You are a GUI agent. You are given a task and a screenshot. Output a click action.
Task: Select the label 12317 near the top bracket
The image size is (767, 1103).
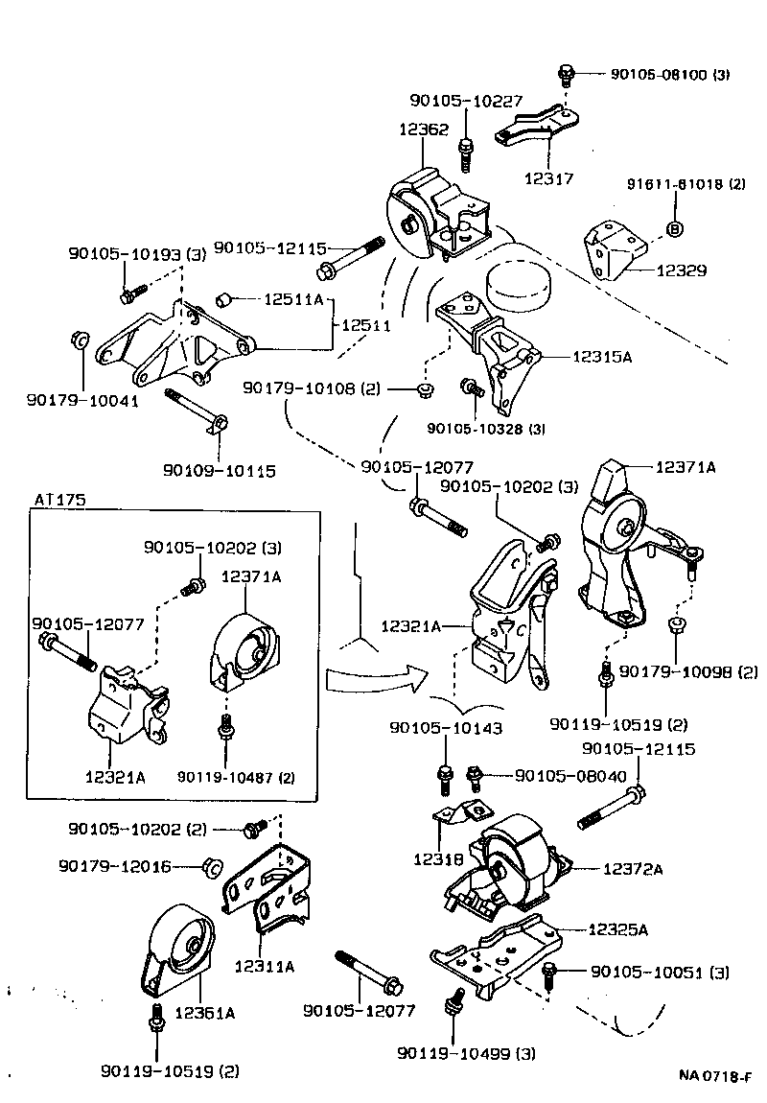tap(548, 177)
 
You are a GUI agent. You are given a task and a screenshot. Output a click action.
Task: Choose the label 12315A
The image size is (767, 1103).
tap(603, 356)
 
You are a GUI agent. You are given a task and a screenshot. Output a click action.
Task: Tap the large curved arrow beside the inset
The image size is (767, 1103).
tap(374, 678)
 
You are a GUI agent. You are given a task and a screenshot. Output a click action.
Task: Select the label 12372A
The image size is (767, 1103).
tap(633, 869)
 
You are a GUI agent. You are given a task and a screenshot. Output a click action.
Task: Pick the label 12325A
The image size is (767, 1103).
tap(617, 929)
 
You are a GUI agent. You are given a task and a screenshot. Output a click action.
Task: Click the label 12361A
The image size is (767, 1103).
tap(205, 1012)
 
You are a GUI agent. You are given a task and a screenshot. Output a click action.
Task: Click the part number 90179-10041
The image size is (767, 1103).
tap(82, 401)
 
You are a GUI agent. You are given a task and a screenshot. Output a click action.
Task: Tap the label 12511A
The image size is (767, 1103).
tap(293, 299)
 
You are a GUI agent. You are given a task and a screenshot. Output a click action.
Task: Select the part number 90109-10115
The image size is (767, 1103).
tap(219, 471)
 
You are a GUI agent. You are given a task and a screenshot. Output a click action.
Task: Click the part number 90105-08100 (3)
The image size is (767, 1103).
tap(669, 73)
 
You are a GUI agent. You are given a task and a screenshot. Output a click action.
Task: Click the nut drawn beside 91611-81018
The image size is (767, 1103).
tap(674, 228)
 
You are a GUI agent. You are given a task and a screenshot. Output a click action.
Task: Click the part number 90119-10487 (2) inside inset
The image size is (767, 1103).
tap(236, 777)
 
